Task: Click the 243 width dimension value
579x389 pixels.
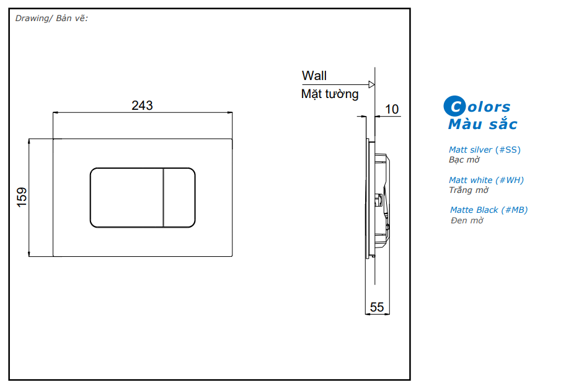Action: point(142,105)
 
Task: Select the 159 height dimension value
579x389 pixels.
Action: point(22,197)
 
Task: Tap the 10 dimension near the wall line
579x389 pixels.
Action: point(392,109)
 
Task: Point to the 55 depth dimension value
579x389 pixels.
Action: point(377,306)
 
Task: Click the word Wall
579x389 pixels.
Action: point(314,76)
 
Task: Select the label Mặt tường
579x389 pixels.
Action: point(330,94)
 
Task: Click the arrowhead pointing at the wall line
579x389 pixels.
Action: point(371,84)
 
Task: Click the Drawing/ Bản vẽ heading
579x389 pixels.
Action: point(51,18)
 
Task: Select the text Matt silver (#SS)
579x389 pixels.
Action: point(485,150)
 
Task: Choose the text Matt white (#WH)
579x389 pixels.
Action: point(486,180)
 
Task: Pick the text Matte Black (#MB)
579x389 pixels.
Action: point(488,210)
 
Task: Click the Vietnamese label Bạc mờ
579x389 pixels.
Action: point(464,159)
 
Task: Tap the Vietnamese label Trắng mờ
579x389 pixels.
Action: point(469,190)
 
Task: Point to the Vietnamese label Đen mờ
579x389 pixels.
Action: point(467,220)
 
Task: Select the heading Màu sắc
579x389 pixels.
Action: point(482,124)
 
